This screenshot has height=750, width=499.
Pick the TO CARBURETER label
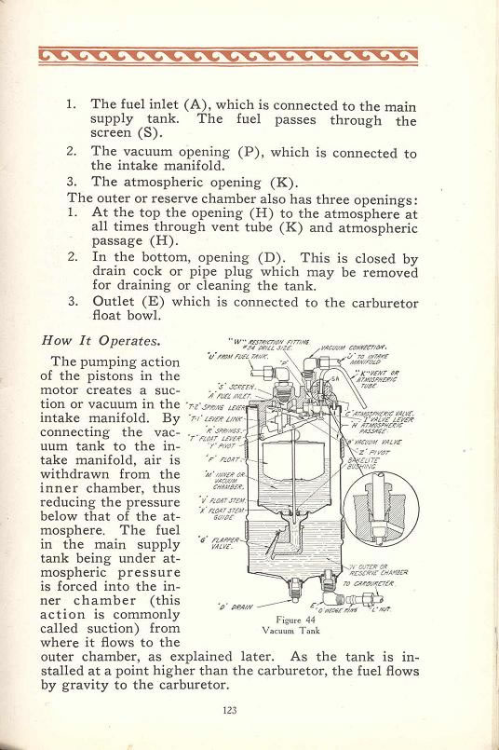(371, 583)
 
